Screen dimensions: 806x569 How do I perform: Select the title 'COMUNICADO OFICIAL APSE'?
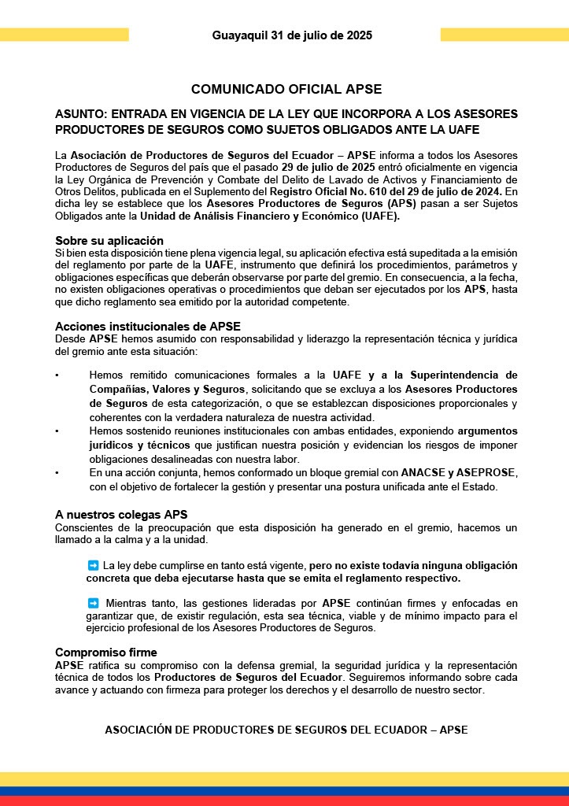coord(286,90)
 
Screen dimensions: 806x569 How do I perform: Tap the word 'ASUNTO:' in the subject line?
coord(80,114)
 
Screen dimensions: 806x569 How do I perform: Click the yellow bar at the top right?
coord(504,35)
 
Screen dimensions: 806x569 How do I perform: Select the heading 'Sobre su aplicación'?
coord(109,240)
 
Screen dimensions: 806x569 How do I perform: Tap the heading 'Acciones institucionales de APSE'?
coord(148,326)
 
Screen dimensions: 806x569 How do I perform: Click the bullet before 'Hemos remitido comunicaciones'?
coord(57,375)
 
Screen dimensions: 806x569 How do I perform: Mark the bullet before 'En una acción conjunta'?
coord(57,472)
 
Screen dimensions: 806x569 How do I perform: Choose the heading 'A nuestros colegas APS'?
coord(121,515)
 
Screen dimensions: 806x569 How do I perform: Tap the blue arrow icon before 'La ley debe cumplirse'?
coord(93,565)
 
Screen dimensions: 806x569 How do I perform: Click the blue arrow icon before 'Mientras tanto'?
coord(93,603)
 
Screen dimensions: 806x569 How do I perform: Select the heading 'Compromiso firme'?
coord(106,653)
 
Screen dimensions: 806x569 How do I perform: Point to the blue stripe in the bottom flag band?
coord(284,791)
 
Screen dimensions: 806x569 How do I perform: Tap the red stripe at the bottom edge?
coord(284,801)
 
